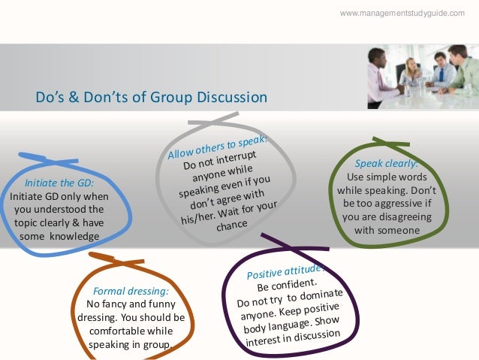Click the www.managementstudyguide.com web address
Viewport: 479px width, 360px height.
coord(402,14)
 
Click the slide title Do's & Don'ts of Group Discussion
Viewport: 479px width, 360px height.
coord(151,97)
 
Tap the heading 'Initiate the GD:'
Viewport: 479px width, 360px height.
coord(59,183)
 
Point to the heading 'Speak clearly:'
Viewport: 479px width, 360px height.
coord(386,164)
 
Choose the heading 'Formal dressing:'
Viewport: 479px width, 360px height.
coord(131,290)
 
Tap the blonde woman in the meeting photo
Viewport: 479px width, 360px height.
coord(411,71)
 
